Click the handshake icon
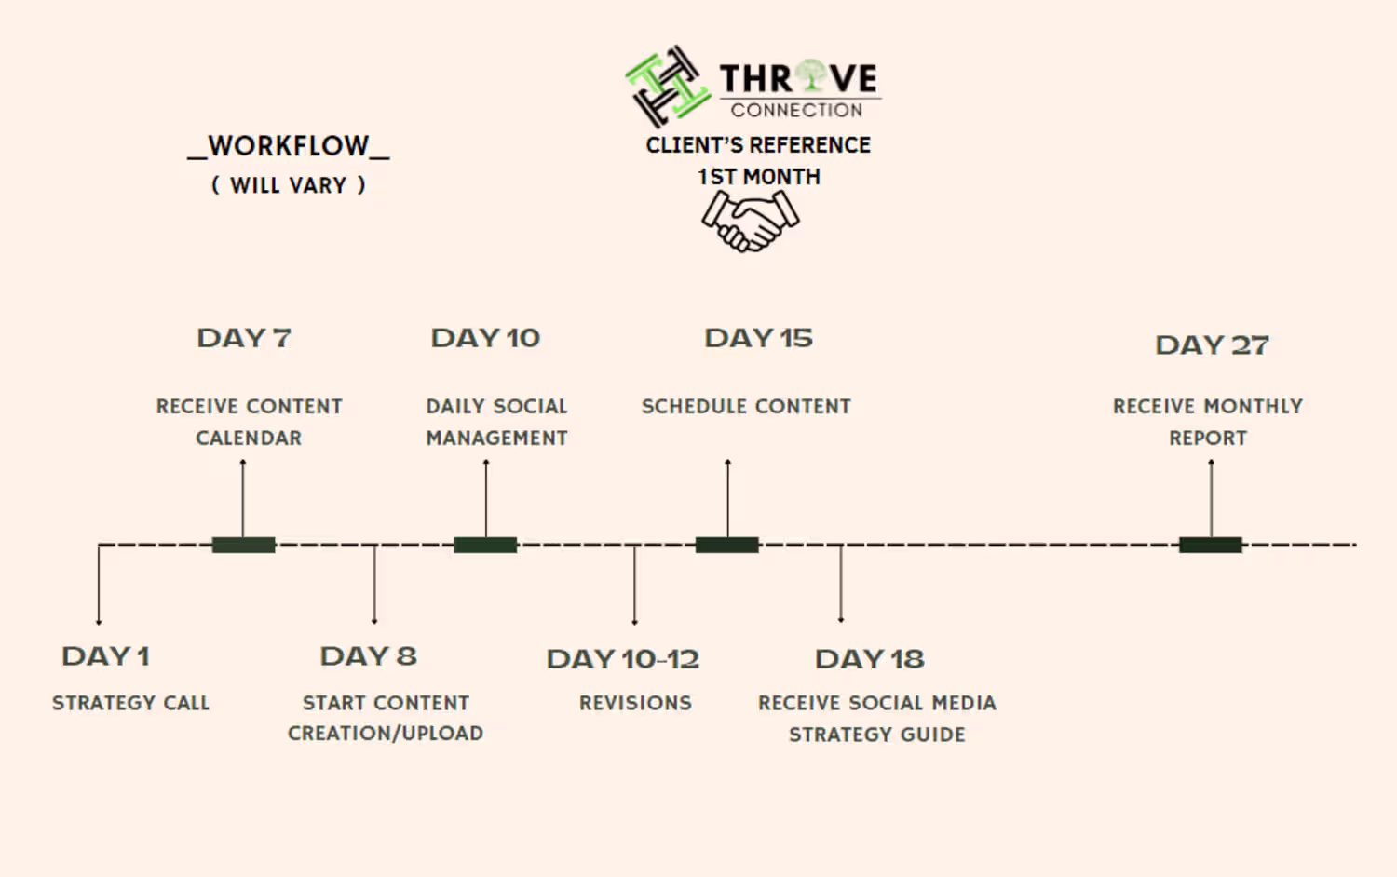(751, 222)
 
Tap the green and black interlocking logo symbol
(668, 86)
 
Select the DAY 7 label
(244, 339)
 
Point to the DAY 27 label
(1212, 345)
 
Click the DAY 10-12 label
(623, 659)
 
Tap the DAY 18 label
(869, 659)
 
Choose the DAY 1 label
(105, 656)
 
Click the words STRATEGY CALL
(130, 703)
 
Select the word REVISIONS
(635, 703)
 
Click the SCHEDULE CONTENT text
(746, 407)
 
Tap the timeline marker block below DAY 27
(1211, 545)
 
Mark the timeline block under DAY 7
(243, 545)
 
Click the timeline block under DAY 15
(727, 545)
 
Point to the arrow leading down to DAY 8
(374, 584)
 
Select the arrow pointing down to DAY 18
(841, 584)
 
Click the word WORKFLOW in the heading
(289, 146)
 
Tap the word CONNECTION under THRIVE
(796, 111)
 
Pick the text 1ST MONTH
(758, 177)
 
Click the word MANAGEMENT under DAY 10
(496, 438)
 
